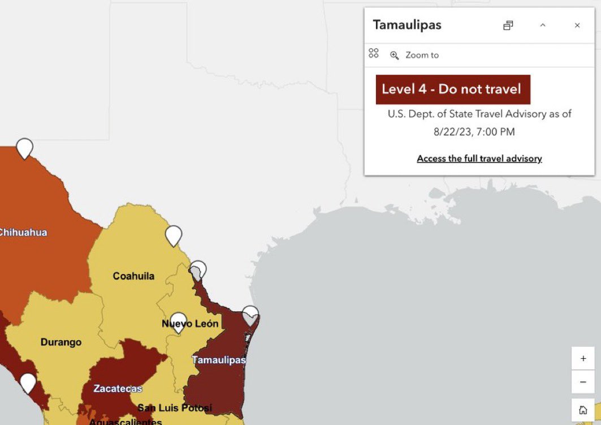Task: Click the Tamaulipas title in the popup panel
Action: tap(407, 25)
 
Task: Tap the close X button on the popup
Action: tap(577, 25)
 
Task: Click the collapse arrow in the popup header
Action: tap(543, 25)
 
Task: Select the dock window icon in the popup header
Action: tap(508, 25)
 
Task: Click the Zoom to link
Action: tap(421, 55)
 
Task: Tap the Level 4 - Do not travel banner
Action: tap(453, 89)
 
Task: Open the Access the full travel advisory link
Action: tap(479, 158)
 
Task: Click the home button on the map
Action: tap(583, 410)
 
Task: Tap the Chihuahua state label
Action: tap(23, 232)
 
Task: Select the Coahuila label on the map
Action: tap(133, 276)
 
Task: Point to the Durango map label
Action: tap(61, 342)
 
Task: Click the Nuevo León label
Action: tap(190, 324)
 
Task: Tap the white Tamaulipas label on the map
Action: tap(219, 360)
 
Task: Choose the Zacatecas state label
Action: tap(118, 389)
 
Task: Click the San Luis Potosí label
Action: tap(175, 407)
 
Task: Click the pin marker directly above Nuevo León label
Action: tap(179, 321)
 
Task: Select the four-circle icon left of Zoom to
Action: tap(373, 53)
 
